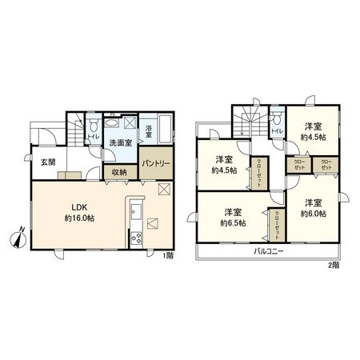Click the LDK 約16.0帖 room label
[77, 210]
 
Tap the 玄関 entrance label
[47, 162]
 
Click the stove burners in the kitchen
[134, 238]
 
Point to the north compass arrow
[22, 237]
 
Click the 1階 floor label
[167, 255]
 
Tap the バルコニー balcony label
[270, 250]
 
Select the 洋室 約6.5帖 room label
[233, 217]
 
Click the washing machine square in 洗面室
[130, 124]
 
